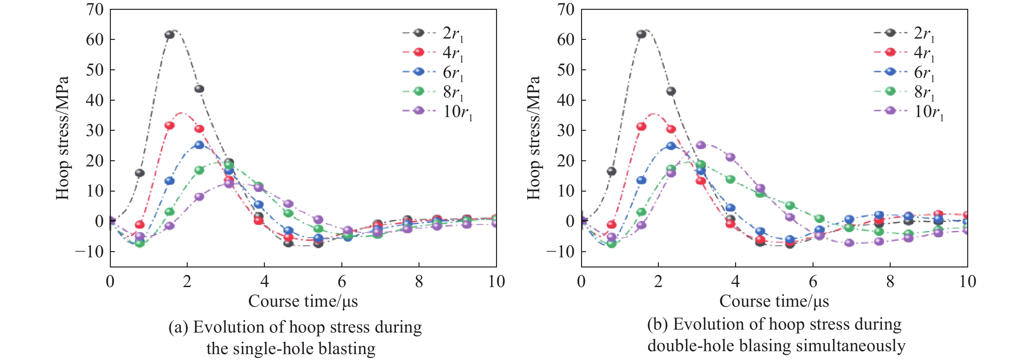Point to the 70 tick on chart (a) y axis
(x=95, y=9)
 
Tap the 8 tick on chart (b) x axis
(x=890, y=282)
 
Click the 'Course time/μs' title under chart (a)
(x=303, y=301)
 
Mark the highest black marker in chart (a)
(x=169, y=35)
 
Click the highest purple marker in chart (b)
(x=700, y=145)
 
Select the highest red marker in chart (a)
(x=169, y=126)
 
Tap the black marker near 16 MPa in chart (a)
(x=140, y=173)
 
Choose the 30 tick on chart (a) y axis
(x=95, y=130)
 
